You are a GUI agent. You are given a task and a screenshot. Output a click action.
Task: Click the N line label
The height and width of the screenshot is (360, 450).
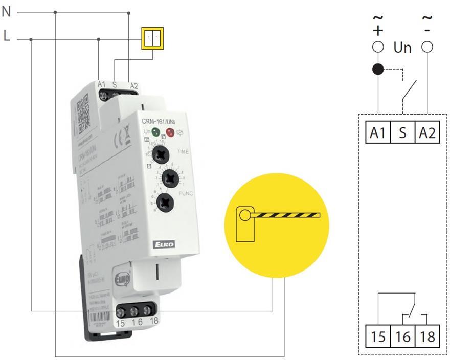[x=6, y=11]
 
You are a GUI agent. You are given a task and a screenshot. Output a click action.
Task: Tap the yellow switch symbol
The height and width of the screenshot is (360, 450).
[x=152, y=38]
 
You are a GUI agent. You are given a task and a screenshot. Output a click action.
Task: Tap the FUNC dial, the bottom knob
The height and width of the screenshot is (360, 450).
[x=165, y=201]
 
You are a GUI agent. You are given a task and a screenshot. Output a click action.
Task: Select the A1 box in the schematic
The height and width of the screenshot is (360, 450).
[x=378, y=132]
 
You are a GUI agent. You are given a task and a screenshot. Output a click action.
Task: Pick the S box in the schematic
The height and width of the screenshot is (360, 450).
[x=402, y=132]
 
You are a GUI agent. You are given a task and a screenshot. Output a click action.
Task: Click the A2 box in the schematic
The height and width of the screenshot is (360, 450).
[x=427, y=132]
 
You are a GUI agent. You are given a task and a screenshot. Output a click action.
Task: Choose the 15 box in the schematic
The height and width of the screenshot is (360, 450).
[x=378, y=337]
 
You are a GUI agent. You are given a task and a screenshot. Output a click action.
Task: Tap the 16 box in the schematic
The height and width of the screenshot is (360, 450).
[x=402, y=337]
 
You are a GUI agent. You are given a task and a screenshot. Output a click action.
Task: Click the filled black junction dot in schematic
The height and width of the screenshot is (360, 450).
[x=378, y=69]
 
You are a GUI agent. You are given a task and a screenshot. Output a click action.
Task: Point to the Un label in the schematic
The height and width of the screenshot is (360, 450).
[x=402, y=48]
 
